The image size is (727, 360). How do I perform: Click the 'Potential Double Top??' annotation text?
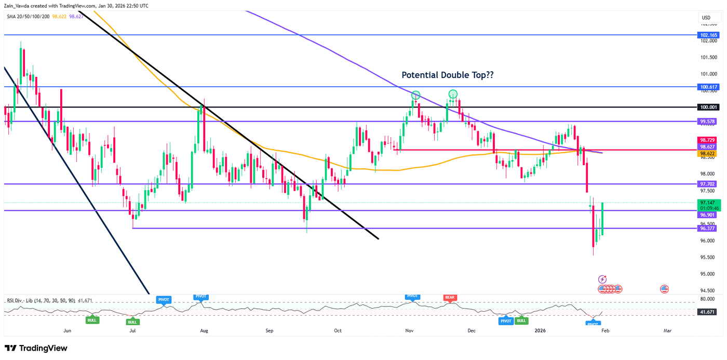click(448, 75)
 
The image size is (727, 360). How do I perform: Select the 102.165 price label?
click(708, 35)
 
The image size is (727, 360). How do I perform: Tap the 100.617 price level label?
click(708, 87)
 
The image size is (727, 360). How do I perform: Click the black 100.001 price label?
click(708, 107)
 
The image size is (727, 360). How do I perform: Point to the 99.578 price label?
click(708, 122)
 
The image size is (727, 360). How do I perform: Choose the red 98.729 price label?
click(708, 140)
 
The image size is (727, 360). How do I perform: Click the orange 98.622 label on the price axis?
click(708, 154)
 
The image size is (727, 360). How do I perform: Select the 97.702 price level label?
click(708, 184)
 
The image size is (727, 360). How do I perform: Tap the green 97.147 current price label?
click(708, 203)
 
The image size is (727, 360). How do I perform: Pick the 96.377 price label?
click(708, 228)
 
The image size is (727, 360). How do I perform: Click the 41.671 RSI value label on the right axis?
click(708, 312)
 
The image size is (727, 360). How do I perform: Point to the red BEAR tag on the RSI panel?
click(449, 297)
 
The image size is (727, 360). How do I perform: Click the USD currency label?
click(706, 18)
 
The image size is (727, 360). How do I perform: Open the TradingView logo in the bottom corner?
click(36, 348)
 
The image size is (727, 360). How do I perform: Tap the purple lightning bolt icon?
click(602, 279)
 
